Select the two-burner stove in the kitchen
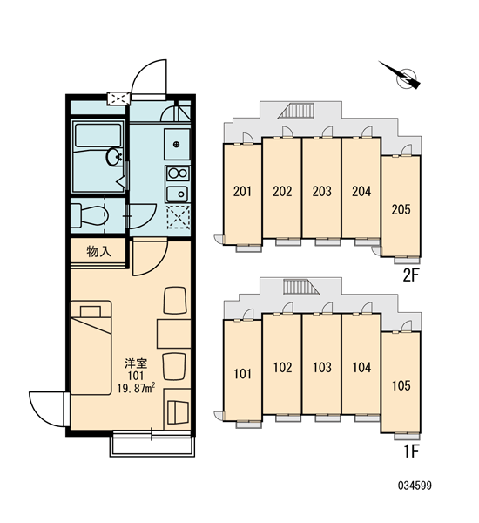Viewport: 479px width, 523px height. (x=178, y=173)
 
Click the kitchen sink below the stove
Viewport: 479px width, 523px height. (x=178, y=194)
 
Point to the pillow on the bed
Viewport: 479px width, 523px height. (x=91, y=311)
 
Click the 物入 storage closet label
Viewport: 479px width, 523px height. (x=98, y=252)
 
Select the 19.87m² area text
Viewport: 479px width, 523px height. (x=136, y=388)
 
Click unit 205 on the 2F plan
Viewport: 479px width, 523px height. (x=401, y=209)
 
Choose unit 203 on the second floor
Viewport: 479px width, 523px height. (x=321, y=191)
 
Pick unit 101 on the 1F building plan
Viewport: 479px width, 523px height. (x=242, y=374)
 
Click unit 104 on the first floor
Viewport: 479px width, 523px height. (x=361, y=367)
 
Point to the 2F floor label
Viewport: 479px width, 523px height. (x=410, y=275)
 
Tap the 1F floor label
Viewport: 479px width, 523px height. (x=411, y=452)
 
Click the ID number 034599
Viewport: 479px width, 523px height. (x=415, y=486)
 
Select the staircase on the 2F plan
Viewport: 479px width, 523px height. (x=296, y=111)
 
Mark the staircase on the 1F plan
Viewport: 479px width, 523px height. (x=301, y=287)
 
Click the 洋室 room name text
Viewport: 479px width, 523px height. (x=136, y=363)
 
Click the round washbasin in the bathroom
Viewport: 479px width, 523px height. (x=114, y=157)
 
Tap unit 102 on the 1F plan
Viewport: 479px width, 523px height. (x=282, y=367)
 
